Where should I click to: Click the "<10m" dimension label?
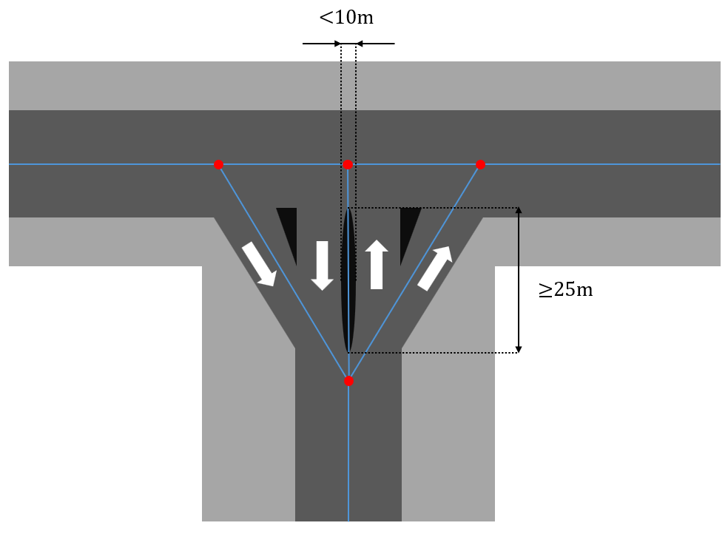click(346, 17)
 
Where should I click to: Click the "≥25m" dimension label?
click(566, 290)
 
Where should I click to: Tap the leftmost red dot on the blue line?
click(218, 164)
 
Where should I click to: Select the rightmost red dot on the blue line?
click(480, 164)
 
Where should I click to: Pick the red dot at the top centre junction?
click(348, 164)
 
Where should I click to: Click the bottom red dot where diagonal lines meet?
click(348, 381)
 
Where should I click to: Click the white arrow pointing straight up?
click(377, 264)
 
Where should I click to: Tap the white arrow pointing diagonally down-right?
click(258, 263)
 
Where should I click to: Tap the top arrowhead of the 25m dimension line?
click(519, 213)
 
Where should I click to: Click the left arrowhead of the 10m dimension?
click(335, 44)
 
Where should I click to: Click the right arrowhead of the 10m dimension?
click(362, 44)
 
